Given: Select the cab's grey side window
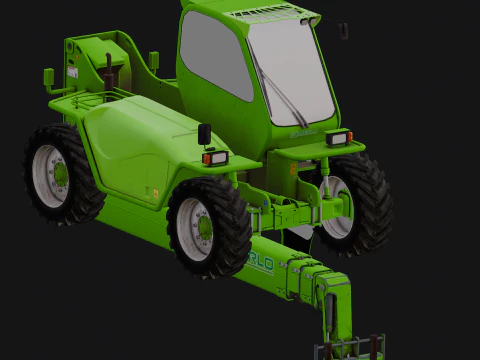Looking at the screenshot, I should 212,55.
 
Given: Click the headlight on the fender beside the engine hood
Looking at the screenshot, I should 215,157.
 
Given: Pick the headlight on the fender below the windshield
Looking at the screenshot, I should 338,138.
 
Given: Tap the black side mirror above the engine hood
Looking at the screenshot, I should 204,133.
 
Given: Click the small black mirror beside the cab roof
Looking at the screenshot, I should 343,31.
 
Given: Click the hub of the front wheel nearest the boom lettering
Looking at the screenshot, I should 200,228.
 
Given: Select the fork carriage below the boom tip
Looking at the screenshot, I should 350,348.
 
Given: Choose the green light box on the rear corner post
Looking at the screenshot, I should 49,77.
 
